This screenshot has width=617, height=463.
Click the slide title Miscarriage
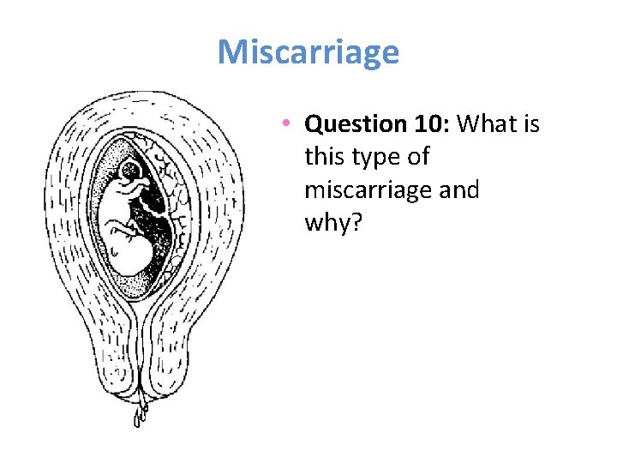coord(308,52)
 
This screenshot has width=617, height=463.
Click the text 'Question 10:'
coord(378,125)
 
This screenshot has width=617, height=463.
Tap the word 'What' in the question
coord(488,125)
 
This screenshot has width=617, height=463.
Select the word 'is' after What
coord(530,125)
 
